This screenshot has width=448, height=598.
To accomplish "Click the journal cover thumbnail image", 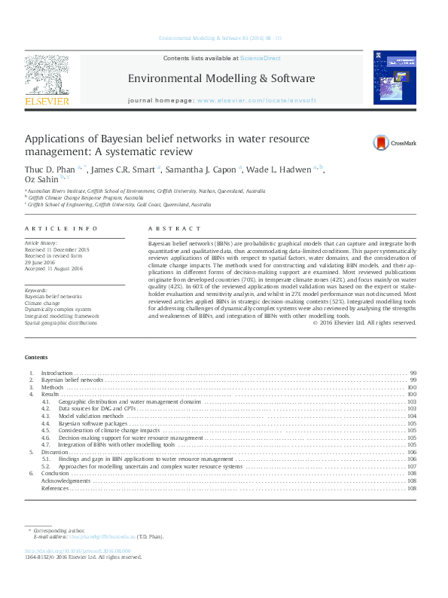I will click(395, 78).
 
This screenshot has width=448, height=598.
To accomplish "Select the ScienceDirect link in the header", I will click(261, 57).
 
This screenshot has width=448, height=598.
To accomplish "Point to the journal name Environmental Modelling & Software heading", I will click(221, 78).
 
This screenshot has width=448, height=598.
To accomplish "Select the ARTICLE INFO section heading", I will click(50, 228).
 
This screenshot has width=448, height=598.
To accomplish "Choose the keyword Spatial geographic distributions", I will click(62, 322).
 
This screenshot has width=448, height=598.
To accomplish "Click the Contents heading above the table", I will click(35, 357).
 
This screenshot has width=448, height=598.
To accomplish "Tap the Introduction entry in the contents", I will click(56, 373).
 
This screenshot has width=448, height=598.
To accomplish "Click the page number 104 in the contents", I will click(412, 416).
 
